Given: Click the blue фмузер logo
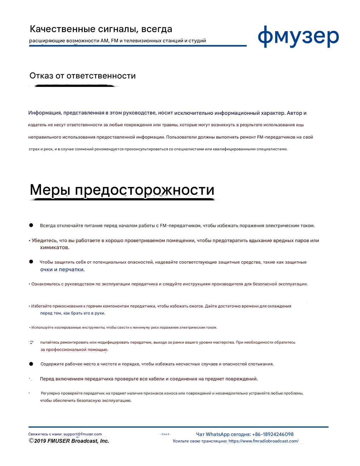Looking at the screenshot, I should [x=298, y=37].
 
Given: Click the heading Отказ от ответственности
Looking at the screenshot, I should [x=82, y=76].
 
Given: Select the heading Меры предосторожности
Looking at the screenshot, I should [x=122, y=190].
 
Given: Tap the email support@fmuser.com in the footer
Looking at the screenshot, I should [x=82, y=434].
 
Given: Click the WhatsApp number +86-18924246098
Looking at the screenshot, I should [x=273, y=434].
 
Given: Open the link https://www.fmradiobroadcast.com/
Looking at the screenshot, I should [x=263, y=441].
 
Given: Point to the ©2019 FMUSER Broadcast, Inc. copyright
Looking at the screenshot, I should [x=69, y=441].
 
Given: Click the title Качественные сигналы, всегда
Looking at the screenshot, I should [x=101, y=29].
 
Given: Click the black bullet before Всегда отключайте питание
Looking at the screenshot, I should [x=31, y=225].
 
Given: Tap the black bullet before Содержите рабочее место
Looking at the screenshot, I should [x=31, y=364].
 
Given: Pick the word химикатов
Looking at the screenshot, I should [x=54, y=248].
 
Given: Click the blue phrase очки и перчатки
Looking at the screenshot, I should [x=62, y=269].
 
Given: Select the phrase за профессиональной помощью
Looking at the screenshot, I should [x=74, y=350].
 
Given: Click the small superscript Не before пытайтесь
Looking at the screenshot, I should [x=32, y=342].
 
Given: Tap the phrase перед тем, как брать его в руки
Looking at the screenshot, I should [x=72, y=313].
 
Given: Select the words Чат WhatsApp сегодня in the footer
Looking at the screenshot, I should [x=223, y=434].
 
